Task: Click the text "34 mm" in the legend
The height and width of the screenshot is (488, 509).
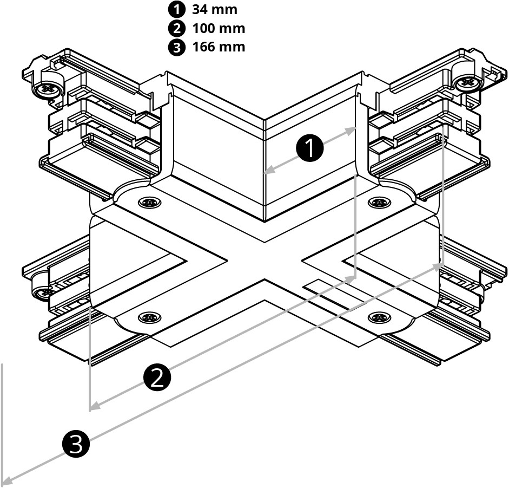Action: (214, 9)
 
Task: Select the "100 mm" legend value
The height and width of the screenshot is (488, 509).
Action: (218, 28)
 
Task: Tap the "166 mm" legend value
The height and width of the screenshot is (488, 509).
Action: (218, 47)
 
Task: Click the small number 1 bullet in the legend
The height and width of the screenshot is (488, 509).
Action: (176, 9)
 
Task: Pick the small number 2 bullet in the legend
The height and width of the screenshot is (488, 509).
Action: (176, 28)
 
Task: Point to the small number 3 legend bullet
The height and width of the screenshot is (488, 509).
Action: (176, 47)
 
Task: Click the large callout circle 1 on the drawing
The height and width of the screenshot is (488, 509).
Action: (310, 148)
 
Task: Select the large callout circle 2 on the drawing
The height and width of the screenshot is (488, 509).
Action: (157, 377)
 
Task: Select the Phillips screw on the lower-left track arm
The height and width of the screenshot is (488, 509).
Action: (43, 292)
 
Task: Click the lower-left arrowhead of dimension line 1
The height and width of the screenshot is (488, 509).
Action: (268, 172)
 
